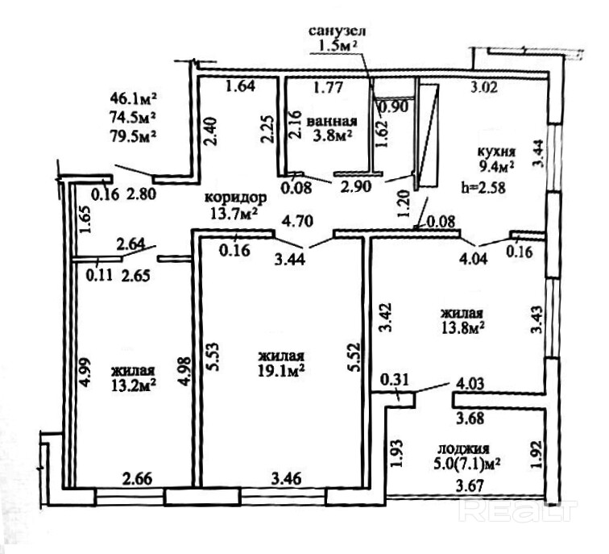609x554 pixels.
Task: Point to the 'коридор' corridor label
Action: (234, 198)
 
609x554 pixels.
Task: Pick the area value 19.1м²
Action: (280, 372)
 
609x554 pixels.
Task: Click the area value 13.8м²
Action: (462, 327)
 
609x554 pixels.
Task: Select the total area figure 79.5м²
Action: (133, 134)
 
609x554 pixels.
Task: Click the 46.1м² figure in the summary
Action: (133, 98)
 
